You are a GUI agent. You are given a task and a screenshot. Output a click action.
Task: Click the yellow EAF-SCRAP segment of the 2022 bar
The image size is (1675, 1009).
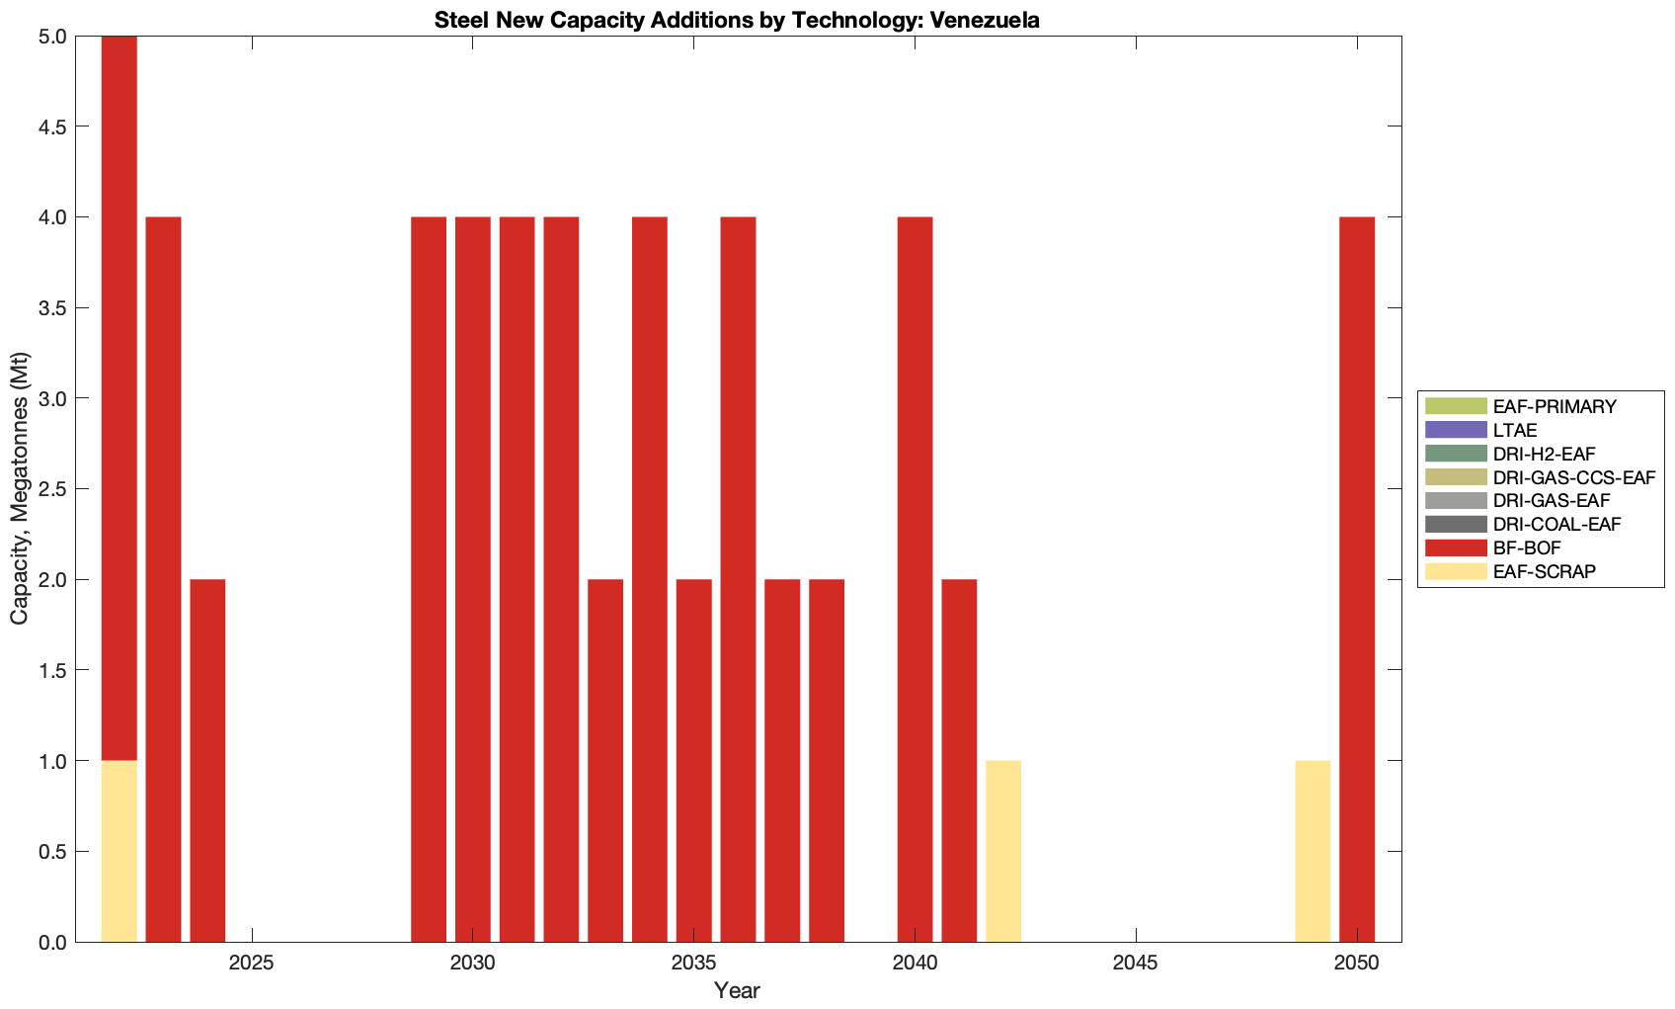pos(119,851)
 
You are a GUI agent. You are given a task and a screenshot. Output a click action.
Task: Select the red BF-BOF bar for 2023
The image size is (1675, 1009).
pos(163,579)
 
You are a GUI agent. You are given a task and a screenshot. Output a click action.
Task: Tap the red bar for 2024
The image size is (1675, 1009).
pos(207,760)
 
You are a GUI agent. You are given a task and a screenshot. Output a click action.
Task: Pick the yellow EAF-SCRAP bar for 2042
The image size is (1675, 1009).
pos(1003,851)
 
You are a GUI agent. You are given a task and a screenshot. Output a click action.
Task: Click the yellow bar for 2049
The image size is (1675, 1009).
pos(1313,851)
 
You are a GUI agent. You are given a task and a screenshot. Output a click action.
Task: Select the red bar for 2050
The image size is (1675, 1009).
pos(1357,579)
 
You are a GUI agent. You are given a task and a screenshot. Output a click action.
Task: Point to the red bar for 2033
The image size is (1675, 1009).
pos(605,760)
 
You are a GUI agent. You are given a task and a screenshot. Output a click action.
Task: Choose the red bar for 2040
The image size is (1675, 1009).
pos(915,579)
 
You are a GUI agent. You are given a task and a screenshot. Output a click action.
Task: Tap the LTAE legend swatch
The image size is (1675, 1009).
pos(1456,430)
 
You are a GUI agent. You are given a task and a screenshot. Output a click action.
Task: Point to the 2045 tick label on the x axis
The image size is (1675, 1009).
pos(1136,964)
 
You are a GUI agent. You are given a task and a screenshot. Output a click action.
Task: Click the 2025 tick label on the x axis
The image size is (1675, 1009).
pos(252,964)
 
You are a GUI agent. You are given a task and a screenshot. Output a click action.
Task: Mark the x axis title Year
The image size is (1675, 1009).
pos(737,990)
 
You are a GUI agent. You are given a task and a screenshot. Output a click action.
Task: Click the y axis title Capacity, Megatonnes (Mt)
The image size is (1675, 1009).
pos(20,488)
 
